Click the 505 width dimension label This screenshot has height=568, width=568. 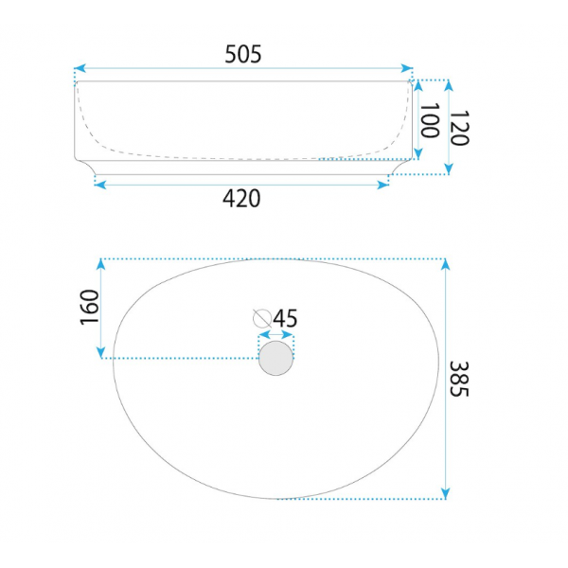click(242, 54)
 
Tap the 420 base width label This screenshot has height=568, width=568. click(241, 199)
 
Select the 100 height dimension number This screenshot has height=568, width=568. click(429, 120)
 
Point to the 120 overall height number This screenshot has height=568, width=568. click(459, 128)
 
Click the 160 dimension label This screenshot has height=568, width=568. click(89, 307)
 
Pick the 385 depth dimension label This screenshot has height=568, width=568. click(459, 379)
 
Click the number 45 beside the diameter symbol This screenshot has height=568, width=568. click(285, 318)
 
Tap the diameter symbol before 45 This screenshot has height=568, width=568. click(262, 318)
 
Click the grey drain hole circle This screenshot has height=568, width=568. click(275, 358)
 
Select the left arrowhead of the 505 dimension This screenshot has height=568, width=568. click(80, 68)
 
